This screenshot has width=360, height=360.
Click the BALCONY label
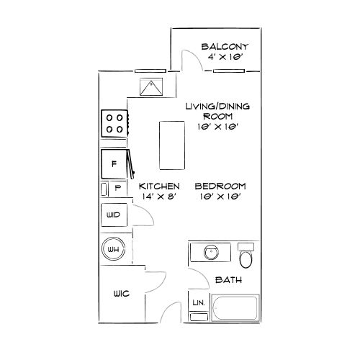225,47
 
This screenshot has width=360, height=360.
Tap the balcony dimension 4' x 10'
225,58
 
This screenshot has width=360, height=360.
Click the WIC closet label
120,294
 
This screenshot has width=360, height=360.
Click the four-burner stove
114,123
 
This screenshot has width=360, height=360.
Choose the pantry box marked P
117,188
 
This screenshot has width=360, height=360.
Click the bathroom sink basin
211,254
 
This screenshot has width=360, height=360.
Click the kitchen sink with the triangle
153,89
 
